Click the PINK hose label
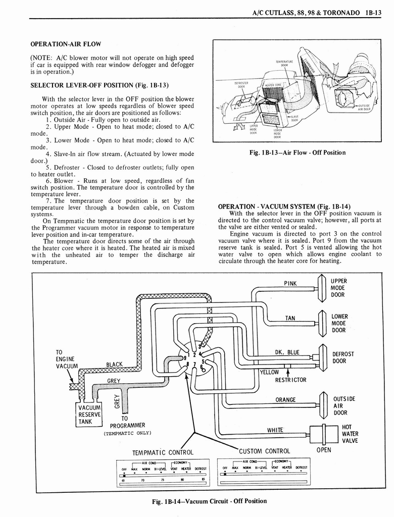[x=290, y=283]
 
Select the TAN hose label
[x=290, y=318]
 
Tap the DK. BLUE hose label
[x=287, y=352]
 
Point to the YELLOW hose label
[x=269, y=372]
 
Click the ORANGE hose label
[x=285, y=400]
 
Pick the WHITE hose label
[x=275, y=430]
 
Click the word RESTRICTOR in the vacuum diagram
[x=290, y=380]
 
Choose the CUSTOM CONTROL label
[x=264, y=451]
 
